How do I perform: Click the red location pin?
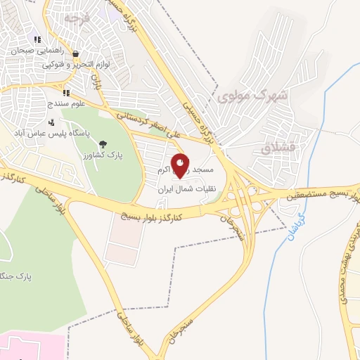(x=181, y=165)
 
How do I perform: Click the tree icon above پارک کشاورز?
(x=103, y=143)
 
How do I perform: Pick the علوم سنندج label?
(x=67, y=103)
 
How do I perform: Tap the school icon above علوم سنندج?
(x=65, y=93)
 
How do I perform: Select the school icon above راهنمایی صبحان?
(x=37, y=40)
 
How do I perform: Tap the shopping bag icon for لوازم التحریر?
(x=75, y=53)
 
